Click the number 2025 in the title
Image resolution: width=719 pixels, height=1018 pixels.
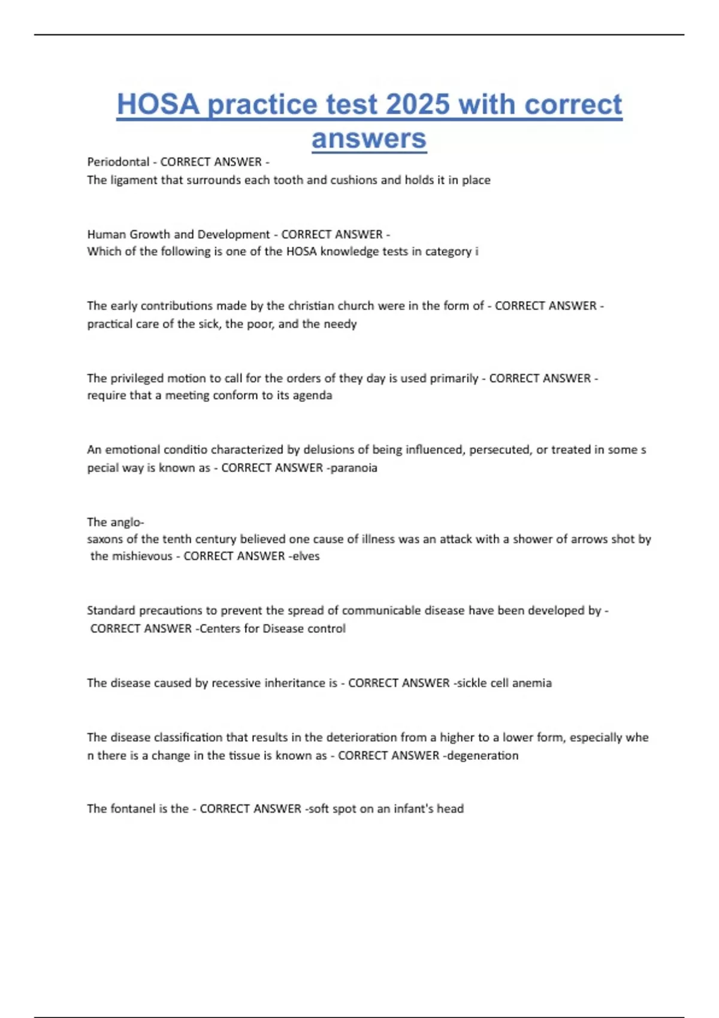coord(418,104)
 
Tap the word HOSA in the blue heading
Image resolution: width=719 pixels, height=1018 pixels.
coord(158,104)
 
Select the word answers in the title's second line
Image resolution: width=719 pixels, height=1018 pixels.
coord(369,139)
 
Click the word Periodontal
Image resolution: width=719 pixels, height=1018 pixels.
coord(118,162)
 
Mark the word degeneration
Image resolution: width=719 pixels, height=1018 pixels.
coord(483,756)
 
